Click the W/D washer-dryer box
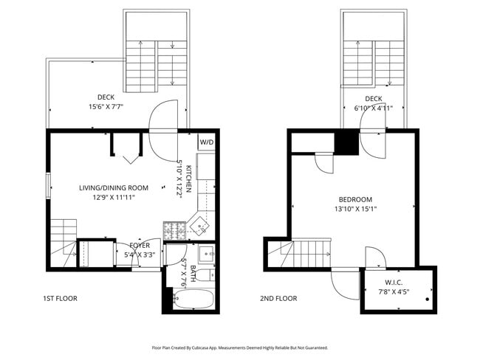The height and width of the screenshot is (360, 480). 206,142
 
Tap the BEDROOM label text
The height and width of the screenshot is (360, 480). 355,200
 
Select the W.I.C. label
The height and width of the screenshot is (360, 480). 393,282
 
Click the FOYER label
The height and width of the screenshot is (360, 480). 140,246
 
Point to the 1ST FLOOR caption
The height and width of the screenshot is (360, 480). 61,299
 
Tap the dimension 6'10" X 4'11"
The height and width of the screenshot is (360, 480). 374,108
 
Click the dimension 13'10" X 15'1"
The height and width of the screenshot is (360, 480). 355,210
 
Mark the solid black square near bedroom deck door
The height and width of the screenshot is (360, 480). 347,142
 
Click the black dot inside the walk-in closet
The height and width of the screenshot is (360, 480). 428,301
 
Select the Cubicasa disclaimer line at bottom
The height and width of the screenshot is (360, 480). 240,347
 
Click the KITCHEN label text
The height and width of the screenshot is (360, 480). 189,179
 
